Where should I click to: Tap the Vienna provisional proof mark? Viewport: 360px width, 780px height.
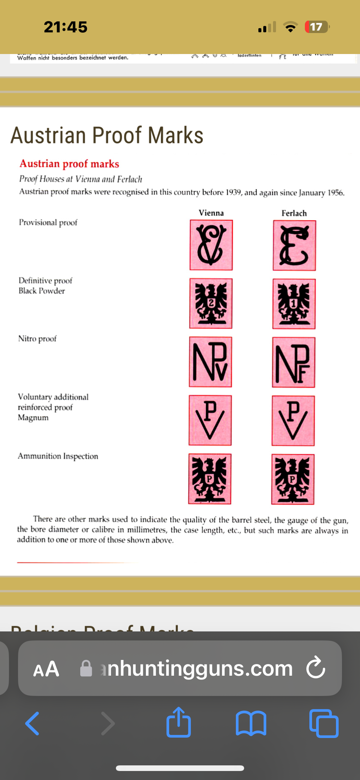(211, 245)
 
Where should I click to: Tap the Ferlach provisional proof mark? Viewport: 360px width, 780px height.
(294, 245)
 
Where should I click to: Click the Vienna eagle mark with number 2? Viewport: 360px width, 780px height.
(211, 304)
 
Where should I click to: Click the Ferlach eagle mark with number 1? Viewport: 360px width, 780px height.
(294, 304)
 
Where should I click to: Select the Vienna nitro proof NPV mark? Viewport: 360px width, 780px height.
(210, 362)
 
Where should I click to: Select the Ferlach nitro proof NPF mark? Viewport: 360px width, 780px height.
(294, 362)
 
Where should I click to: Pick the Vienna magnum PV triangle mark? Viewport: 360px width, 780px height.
(210, 420)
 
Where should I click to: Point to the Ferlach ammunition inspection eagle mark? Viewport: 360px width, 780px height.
(293, 479)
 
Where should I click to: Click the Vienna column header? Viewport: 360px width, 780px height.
(211, 213)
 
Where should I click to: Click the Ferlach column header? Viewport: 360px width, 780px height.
(294, 213)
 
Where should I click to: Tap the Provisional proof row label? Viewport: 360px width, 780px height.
(48, 222)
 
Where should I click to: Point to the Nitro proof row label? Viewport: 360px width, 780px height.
(37, 339)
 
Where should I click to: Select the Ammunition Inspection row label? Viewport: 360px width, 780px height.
(58, 456)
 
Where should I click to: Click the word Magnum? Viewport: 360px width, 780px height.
(33, 418)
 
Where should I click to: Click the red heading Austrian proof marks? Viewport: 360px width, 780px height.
(69, 164)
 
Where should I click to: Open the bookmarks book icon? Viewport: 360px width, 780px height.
(251, 723)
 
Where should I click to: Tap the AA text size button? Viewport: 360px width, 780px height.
(46, 669)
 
